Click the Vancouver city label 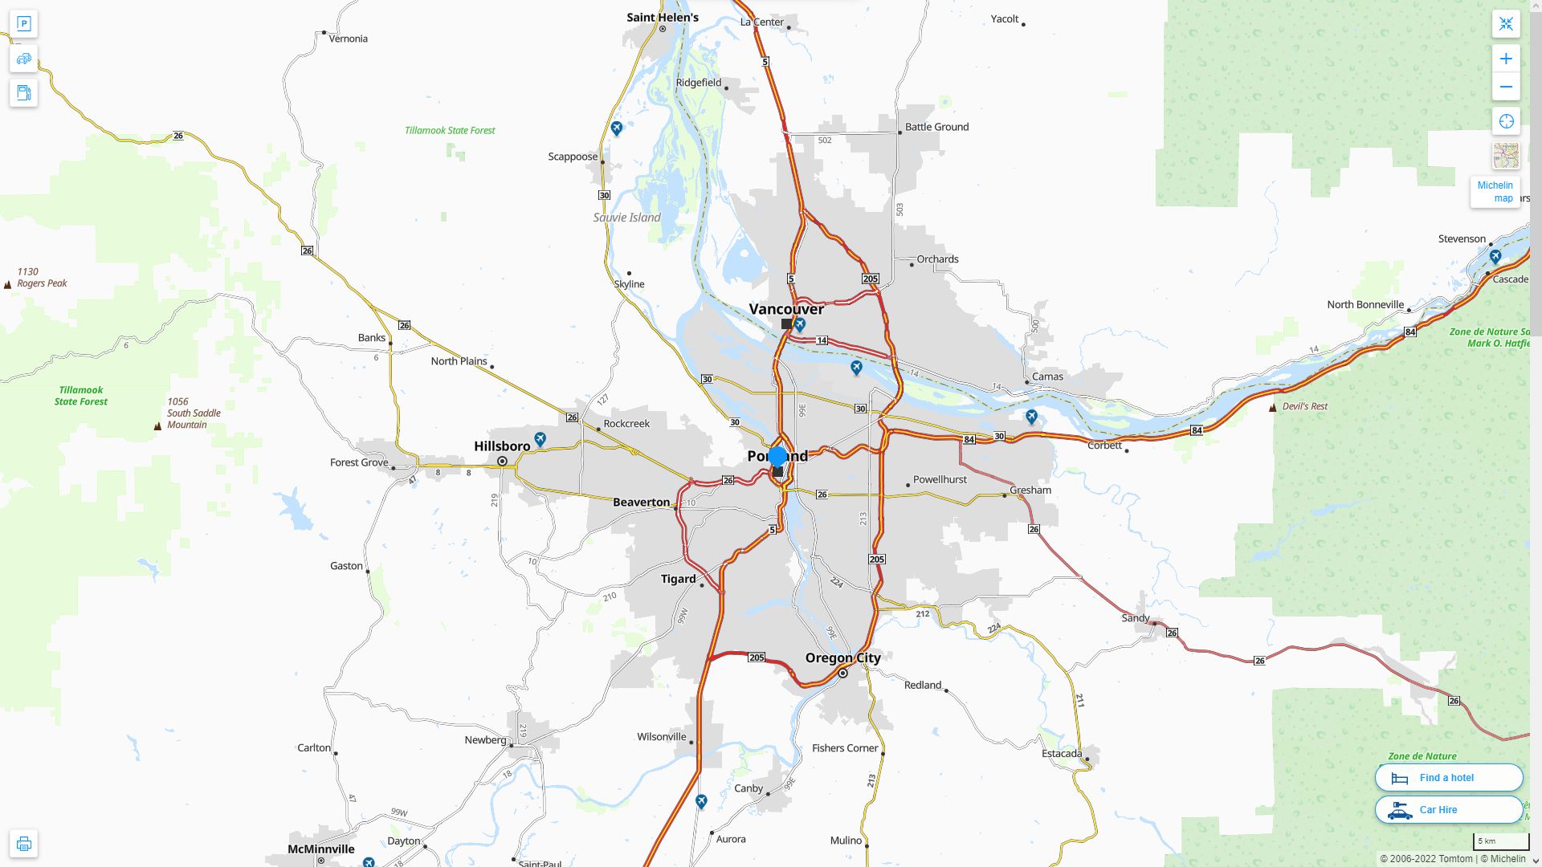pyautogui.click(x=786, y=309)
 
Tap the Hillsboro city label pyautogui.click(x=502, y=446)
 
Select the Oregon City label pyautogui.click(x=842, y=657)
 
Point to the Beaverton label pyautogui.click(x=641, y=503)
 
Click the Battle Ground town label pyautogui.click(x=936, y=127)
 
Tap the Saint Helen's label pyautogui.click(x=663, y=17)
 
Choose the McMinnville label pyautogui.click(x=321, y=849)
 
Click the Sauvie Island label pyautogui.click(x=626, y=218)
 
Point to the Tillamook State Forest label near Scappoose pyautogui.click(x=450, y=130)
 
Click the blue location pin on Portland pyautogui.click(x=777, y=457)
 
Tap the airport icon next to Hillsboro pyautogui.click(x=541, y=439)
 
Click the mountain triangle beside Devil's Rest pyautogui.click(x=1272, y=408)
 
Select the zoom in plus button pyautogui.click(x=1506, y=59)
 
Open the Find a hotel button pyautogui.click(x=1448, y=777)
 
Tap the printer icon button pyautogui.click(x=23, y=844)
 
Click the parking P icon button pyautogui.click(x=23, y=23)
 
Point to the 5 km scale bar pyautogui.click(x=1500, y=841)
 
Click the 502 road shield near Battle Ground pyautogui.click(x=825, y=140)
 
